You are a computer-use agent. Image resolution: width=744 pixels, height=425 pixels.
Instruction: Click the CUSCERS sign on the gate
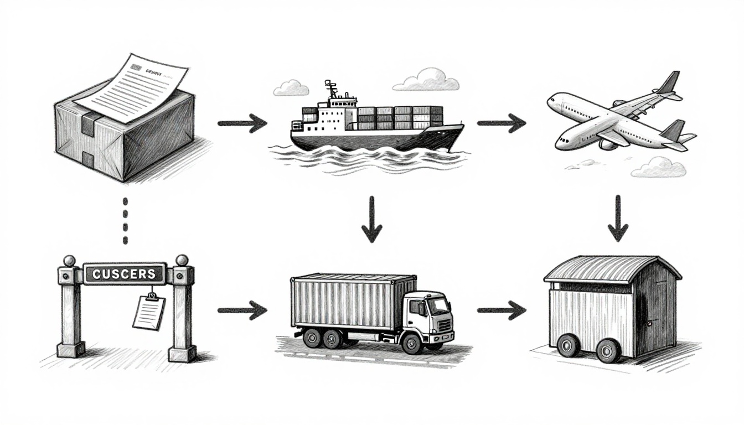(x=124, y=273)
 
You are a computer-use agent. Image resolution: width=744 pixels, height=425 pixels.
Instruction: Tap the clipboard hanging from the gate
(x=149, y=313)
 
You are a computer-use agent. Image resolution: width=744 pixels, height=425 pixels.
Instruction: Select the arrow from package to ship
(x=242, y=123)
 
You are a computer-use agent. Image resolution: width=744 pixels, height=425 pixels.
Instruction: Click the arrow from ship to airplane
(x=501, y=122)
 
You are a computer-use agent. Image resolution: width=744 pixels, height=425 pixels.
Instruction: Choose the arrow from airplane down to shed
(x=618, y=218)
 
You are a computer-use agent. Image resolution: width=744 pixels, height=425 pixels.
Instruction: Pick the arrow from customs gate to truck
(x=242, y=310)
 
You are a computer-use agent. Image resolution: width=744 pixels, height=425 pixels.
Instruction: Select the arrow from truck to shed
(x=501, y=310)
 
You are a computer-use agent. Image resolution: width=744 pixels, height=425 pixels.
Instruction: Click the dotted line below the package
(x=125, y=220)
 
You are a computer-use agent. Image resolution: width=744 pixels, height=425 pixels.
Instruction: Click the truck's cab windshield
(x=439, y=306)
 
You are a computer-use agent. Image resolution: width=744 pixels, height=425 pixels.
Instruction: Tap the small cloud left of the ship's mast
(x=291, y=87)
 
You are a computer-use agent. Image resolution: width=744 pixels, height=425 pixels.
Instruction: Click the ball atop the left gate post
(x=70, y=261)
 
